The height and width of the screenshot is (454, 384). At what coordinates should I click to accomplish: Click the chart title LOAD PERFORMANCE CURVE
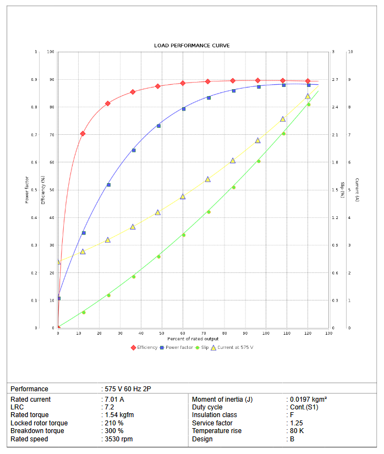[x=192, y=45]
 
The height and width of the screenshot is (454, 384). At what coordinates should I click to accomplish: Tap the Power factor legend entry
[x=178, y=347]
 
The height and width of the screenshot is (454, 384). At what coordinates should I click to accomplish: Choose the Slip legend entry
[x=204, y=347]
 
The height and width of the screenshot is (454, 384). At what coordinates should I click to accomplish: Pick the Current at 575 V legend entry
[x=234, y=347]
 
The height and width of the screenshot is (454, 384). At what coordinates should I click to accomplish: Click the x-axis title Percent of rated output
[x=192, y=338]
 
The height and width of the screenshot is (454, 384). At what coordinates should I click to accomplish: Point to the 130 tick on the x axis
[x=328, y=333]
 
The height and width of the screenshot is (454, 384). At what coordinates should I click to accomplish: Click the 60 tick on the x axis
[x=183, y=333]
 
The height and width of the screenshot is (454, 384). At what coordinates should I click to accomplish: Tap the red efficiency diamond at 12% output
[x=83, y=134]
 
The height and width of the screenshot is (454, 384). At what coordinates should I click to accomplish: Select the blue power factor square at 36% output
[x=133, y=150]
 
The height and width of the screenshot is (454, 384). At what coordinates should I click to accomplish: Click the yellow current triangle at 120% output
[x=308, y=96]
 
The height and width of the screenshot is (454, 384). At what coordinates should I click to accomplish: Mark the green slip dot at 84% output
[x=233, y=188]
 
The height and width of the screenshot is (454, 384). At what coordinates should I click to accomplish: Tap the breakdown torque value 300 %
[x=114, y=431]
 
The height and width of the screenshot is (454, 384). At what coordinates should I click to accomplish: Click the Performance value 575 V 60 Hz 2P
[x=128, y=389]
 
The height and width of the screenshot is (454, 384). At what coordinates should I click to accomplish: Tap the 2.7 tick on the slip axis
[x=335, y=80]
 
